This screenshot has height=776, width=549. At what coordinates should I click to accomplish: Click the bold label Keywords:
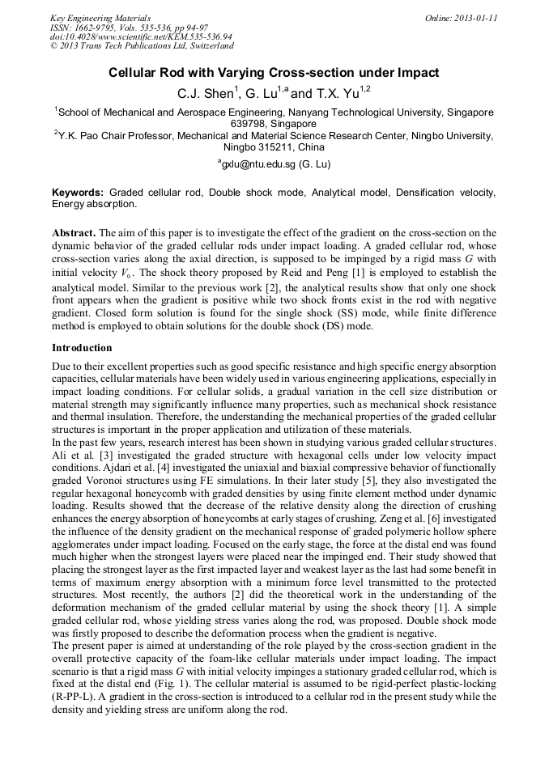point(79,193)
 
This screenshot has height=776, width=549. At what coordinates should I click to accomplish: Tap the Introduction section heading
point(82,348)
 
